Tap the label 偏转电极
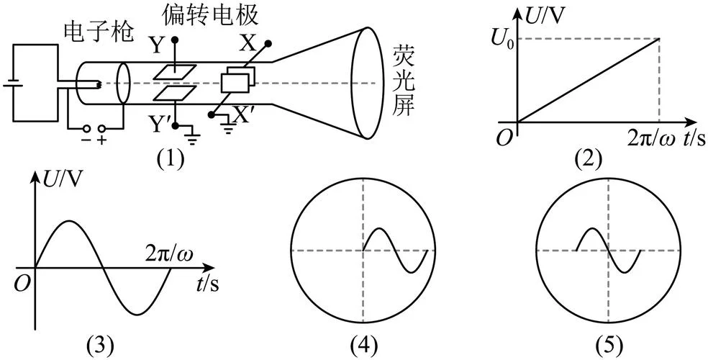pyautogui.click(x=211, y=15)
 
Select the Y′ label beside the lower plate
pyautogui.click(x=160, y=125)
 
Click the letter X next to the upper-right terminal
pyautogui.click(x=247, y=44)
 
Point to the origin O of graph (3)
pyautogui.click(x=21, y=285)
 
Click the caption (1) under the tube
pyautogui.click(x=171, y=158)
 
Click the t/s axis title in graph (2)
pyautogui.click(x=689, y=139)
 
